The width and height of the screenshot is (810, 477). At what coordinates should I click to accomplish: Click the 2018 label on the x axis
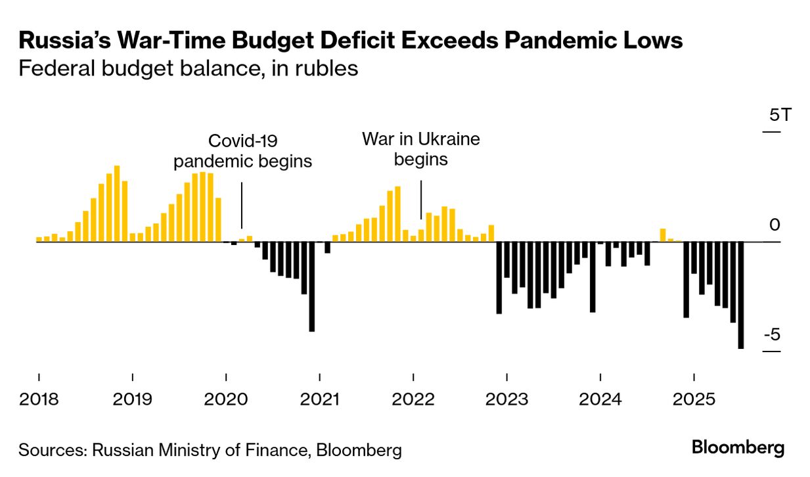click(x=39, y=399)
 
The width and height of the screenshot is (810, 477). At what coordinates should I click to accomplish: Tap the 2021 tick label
click(x=319, y=399)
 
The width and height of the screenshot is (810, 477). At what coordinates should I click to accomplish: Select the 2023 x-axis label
click(x=506, y=399)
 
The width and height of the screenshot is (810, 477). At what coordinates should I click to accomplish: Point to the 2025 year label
click(x=694, y=399)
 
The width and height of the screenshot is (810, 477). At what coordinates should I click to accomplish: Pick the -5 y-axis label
click(x=771, y=335)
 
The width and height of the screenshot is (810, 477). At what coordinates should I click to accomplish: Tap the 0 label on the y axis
click(x=775, y=225)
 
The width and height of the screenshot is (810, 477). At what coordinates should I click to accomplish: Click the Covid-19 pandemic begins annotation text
click(x=242, y=150)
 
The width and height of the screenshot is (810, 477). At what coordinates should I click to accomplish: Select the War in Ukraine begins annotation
click(x=421, y=148)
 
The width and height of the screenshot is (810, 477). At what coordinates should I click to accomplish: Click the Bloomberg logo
click(x=738, y=448)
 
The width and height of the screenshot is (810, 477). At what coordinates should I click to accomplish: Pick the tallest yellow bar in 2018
click(x=117, y=203)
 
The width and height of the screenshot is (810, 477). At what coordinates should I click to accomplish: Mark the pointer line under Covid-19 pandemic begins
click(x=242, y=204)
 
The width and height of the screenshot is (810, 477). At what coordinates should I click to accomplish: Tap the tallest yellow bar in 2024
click(x=663, y=235)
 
